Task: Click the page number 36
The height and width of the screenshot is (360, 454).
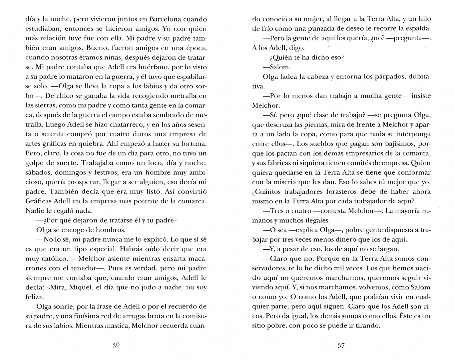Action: click(x=116, y=345)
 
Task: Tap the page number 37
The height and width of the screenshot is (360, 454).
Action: click(x=341, y=345)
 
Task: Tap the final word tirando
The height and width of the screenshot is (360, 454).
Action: click(x=366, y=326)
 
